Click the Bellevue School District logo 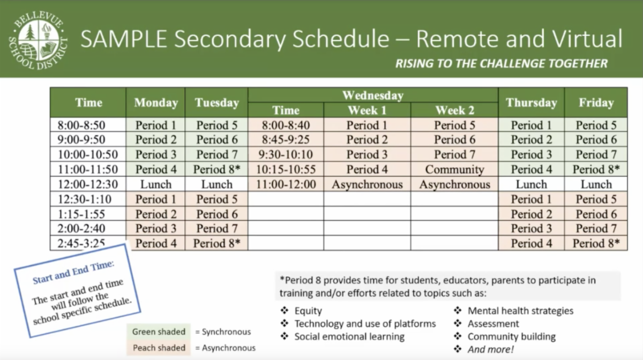[38, 40]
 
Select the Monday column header [156, 102]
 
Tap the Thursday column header [532, 102]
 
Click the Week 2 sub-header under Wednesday [454, 110]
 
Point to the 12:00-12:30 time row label [88, 184]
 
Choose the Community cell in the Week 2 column [454, 169]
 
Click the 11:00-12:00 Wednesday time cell [286, 184]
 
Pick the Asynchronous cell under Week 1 [367, 184]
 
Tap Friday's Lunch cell [596, 184]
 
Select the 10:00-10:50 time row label [88, 154]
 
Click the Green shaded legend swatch [159, 332]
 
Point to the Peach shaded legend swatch [159, 348]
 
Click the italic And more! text [491, 349]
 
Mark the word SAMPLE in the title [124, 39]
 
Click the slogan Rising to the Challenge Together [502, 63]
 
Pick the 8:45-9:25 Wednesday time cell [286, 139]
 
